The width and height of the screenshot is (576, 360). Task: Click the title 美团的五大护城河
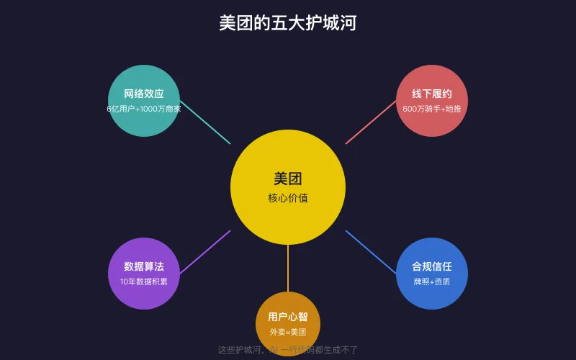(288, 23)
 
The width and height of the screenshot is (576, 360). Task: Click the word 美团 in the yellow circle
(288, 179)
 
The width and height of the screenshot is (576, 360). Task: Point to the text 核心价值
(288, 198)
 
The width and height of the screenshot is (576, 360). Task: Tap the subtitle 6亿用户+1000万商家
(144, 109)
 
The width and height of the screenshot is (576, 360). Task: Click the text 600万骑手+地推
(432, 109)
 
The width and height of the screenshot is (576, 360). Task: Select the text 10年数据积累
(144, 282)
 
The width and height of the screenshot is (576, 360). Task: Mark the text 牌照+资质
(432, 282)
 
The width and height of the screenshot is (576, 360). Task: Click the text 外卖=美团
(288, 332)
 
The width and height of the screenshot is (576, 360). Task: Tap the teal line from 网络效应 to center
(205, 122)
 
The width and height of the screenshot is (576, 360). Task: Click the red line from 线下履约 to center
(371, 122)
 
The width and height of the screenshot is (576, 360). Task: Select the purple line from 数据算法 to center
(205, 252)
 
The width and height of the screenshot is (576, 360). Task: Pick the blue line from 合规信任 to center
(371, 252)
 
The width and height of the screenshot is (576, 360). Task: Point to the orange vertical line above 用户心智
(288, 268)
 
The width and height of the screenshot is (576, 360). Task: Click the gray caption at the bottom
(288, 350)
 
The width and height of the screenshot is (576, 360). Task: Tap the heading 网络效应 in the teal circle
(144, 94)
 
